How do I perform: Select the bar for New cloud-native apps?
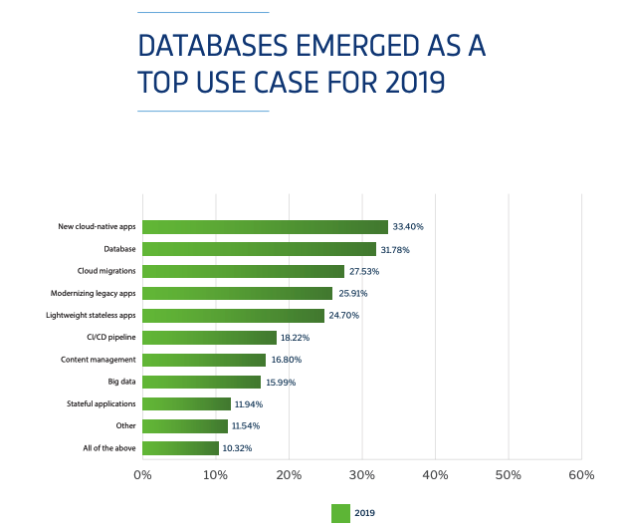pos(265,227)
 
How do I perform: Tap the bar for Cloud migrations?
pos(243,271)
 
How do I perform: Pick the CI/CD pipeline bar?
pos(209,338)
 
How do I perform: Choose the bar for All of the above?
pos(180,448)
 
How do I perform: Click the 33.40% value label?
pos(409,227)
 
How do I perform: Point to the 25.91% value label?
pos(353,294)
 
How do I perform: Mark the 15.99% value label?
pos(281,383)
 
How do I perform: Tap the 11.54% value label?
pos(248,426)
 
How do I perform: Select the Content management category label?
pos(99,360)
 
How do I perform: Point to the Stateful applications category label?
pos(102,404)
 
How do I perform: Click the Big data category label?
pos(121,382)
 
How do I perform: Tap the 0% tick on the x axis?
pos(142,475)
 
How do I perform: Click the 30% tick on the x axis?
pos(362,475)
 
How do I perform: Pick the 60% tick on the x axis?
pos(581,475)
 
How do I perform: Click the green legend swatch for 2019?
pos(340,513)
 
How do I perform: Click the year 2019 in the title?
pos(408,83)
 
